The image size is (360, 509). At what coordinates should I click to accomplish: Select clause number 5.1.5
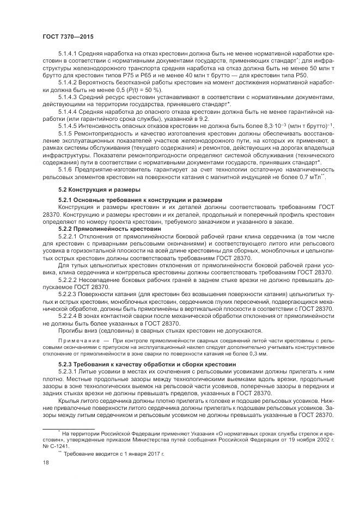(x=66, y=133)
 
